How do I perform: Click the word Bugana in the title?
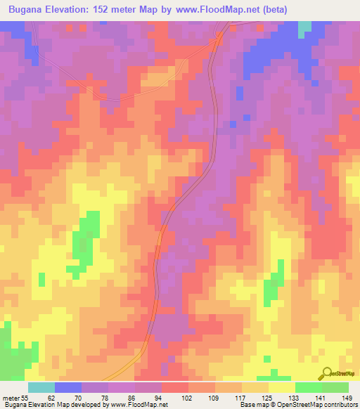coord(30,9)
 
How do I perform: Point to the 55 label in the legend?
coord(24,397)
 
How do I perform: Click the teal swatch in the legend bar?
coord(41,387)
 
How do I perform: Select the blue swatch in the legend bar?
coord(68,387)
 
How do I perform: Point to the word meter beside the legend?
coord(10,397)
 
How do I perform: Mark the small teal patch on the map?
coord(304,28)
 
